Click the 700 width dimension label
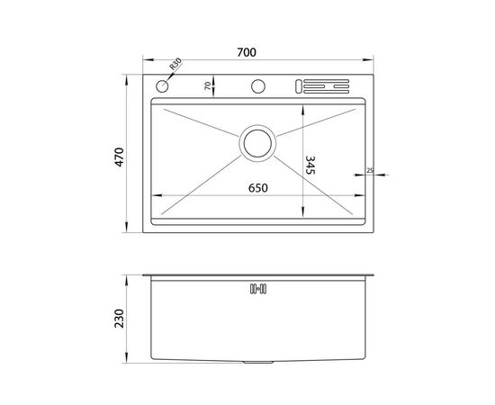coord(247,52)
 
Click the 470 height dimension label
coord(120,157)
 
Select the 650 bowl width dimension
coord(258,188)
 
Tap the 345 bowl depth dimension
coord(310,165)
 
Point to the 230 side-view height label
coord(120,319)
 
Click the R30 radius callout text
coord(175,64)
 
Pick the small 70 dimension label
coord(207,85)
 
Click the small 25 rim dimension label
coord(370,170)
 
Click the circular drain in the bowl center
coord(257,143)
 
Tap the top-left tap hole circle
coord(162,85)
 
